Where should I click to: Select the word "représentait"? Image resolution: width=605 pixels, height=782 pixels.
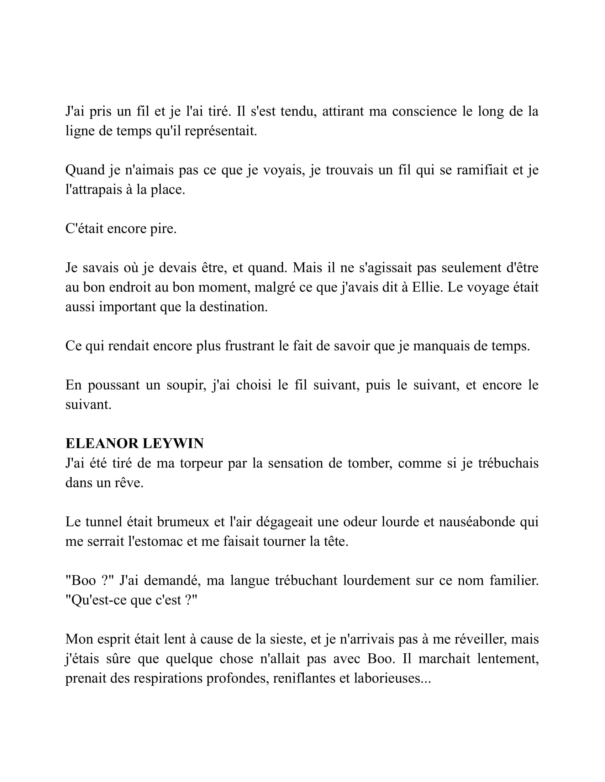tap(220, 131)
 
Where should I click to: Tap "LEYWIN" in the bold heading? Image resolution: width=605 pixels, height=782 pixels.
tap(173, 444)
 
